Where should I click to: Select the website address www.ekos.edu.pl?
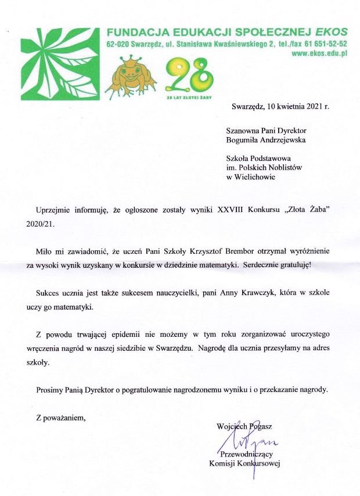pyautogui.click(x=318, y=53)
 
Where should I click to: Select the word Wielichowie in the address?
pyautogui.click(x=255, y=177)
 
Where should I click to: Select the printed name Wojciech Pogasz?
pyautogui.click(x=244, y=426)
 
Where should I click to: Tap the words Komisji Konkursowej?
pyautogui.click(x=244, y=463)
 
